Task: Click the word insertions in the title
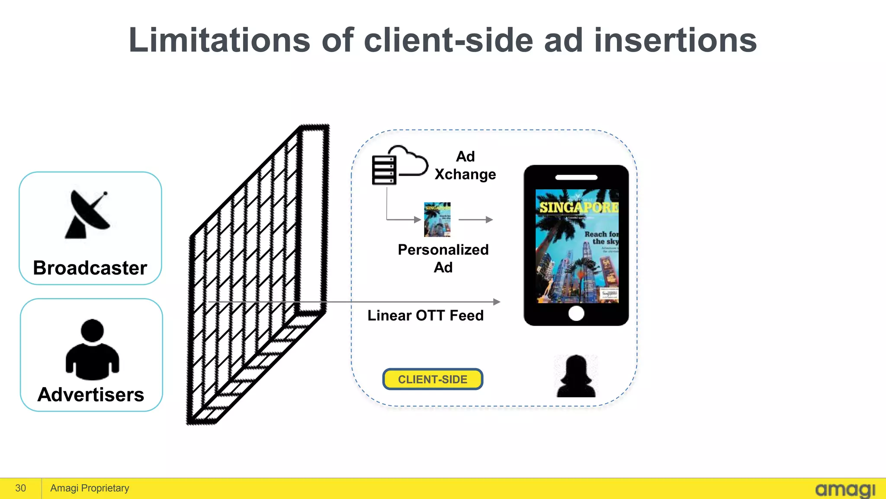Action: click(675, 40)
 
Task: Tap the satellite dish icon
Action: click(88, 215)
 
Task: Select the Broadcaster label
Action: click(90, 268)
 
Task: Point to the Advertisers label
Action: click(91, 395)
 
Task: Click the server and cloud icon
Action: click(398, 166)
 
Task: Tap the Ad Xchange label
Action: click(465, 165)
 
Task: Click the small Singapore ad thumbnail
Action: click(437, 220)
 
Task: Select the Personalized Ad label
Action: click(443, 258)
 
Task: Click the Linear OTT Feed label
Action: click(426, 315)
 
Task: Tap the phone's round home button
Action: click(576, 313)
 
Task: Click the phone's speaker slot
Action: click(576, 178)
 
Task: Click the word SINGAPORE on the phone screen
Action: click(578, 207)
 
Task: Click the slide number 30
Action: click(20, 488)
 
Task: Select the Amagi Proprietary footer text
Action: click(90, 488)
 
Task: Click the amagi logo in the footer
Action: click(845, 490)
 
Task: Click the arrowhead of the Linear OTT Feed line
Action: click(497, 301)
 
